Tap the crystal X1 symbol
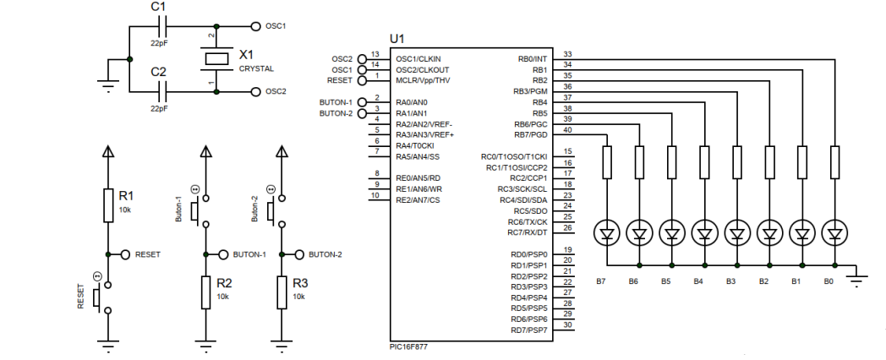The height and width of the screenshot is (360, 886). click(x=216, y=58)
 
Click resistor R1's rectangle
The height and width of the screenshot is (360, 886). click(x=107, y=205)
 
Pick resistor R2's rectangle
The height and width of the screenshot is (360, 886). click(x=205, y=292)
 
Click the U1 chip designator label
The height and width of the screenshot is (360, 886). click(x=397, y=40)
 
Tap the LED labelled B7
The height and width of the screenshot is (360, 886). click(x=606, y=231)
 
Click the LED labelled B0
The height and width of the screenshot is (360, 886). click(x=835, y=231)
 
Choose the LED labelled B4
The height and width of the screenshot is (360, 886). click(x=704, y=231)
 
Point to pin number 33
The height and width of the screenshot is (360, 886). click(x=566, y=54)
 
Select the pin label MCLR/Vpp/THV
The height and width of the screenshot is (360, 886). click(x=424, y=80)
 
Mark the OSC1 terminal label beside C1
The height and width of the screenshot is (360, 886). click(x=276, y=26)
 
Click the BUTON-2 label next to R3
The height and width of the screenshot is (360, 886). click(x=325, y=254)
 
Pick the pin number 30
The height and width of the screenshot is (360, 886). click(x=566, y=325)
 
